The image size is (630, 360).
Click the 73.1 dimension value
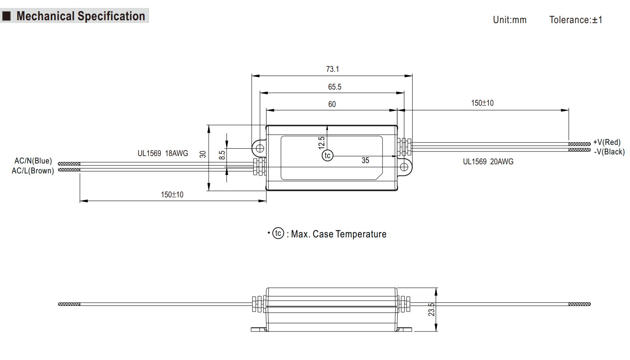pyautogui.click(x=332, y=69)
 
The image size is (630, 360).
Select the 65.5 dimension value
pyautogui.click(x=335, y=87)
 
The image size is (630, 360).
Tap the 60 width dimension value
pyautogui.click(x=332, y=104)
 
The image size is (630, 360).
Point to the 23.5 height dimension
pyautogui.click(x=431, y=310)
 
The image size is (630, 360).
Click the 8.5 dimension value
pyautogui.click(x=222, y=155)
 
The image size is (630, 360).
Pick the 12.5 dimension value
pyautogui.click(x=322, y=143)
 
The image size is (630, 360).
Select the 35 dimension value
pyautogui.click(x=365, y=160)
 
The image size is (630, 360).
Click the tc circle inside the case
pyautogui.click(x=328, y=155)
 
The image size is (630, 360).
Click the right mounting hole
pyautogui.click(x=404, y=167)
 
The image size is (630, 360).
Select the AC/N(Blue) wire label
pyautogui.click(x=33, y=161)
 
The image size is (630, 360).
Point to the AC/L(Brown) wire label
pyautogui.click(x=33, y=171)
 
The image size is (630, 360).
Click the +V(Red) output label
pyautogui.click(x=606, y=142)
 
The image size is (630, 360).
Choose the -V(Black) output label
pyautogui.click(x=609, y=152)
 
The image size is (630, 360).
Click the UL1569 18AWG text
pyautogui.click(x=163, y=153)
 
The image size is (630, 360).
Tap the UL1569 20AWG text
pyautogui.click(x=488, y=161)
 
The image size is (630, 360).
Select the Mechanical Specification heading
pyautogui.click(x=80, y=16)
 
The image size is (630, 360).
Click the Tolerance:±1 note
pyautogui.click(x=576, y=20)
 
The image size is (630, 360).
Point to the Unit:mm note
pyautogui.click(x=510, y=20)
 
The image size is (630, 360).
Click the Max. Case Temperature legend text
pyautogui.click(x=339, y=234)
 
